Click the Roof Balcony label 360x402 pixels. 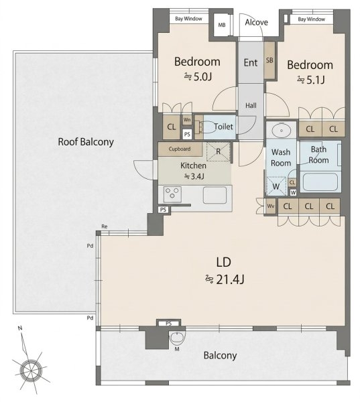pyautogui.click(x=86, y=142)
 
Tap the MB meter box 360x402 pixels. pyautogui.click(x=222, y=24)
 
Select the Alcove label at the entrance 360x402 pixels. pyautogui.click(x=256, y=22)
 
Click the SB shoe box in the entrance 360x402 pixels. pyautogui.click(x=269, y=60)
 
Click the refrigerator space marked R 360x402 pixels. pyautogui.click(x=218, y=152)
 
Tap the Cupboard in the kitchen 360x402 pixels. pyautogui.click(x=180, y=149)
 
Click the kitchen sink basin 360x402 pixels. pyautogui.click(x=215, y=195)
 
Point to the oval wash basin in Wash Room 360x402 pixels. pyautogui.click(x=282, y=131)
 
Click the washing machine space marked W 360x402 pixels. pyautogui.click(x=276, y=186)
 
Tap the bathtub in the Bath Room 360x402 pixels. pyautogui.click(x=320, y=182)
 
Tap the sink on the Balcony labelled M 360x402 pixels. pyautogui.click(x=177, y=337)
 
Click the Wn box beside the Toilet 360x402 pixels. pyautogui.click(x=187, y=120)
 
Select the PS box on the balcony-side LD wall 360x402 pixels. pyautogui.click(x=168, y=324)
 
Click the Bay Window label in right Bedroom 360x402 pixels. pyautogui.click(x=311, y=19)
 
